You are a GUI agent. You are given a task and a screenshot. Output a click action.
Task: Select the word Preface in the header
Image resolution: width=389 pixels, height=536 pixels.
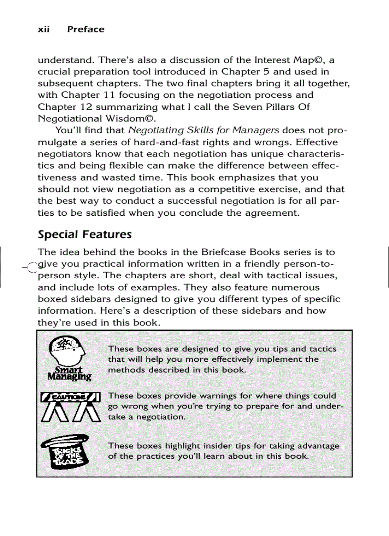[x=86, y=30]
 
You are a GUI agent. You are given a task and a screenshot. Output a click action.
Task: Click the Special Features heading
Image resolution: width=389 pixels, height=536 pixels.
[x=84, y=235]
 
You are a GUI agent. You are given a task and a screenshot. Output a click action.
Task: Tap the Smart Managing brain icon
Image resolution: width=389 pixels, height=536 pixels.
[x=69, y=358]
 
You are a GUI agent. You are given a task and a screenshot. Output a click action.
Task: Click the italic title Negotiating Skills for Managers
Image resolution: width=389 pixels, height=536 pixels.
[x=204, y=130]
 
